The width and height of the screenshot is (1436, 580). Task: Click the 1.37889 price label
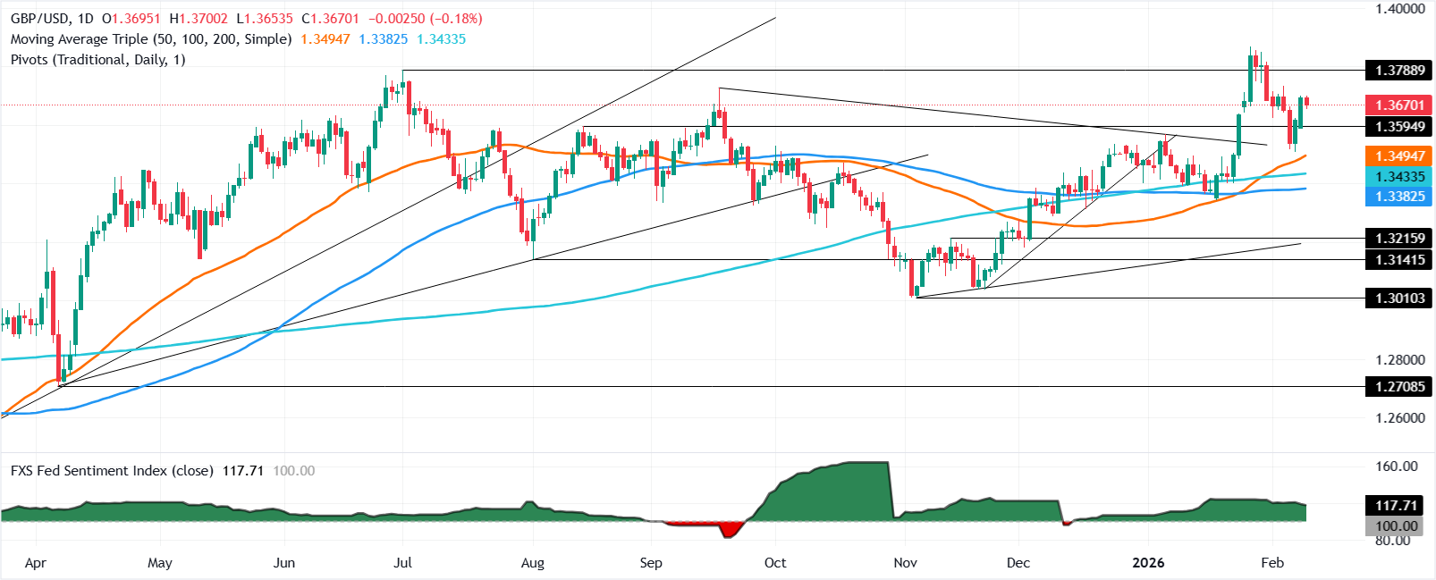(x=1399, y=70)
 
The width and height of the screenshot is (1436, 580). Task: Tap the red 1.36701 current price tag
(x=1399, y=105)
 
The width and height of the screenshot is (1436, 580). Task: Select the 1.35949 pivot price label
(x=1399, y=127)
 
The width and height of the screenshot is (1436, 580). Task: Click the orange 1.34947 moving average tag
(x=1399, y=156)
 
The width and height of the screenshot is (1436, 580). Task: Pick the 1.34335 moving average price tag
(x=1399, y=177)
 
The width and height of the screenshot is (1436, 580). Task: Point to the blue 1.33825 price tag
(x=1399, y=197)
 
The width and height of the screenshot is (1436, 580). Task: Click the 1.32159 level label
(x=1399, y=239)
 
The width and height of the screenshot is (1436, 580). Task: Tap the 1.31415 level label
(x=1399, y=260)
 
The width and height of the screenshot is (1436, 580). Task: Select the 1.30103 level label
(x=1399, y=298)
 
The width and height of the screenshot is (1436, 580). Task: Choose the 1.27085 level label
(x=1399, y=387)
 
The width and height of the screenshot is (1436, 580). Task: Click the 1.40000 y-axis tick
(x=1399, y=9)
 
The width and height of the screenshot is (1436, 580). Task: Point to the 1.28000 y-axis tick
(x=1399, y=360)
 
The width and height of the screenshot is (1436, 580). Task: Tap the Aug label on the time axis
(x=532, y=563)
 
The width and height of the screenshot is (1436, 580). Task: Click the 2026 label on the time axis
(x=1148, y=563)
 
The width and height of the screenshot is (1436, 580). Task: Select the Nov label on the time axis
(x=905, y=563)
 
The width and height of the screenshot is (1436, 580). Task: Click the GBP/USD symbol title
(x=41, y=19)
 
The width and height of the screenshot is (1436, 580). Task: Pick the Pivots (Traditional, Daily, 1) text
(x=97, y=60)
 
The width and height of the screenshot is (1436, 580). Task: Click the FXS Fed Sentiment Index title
(x=112, y=471)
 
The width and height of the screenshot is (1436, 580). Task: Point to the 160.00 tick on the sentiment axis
(x=1397, y=467)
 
